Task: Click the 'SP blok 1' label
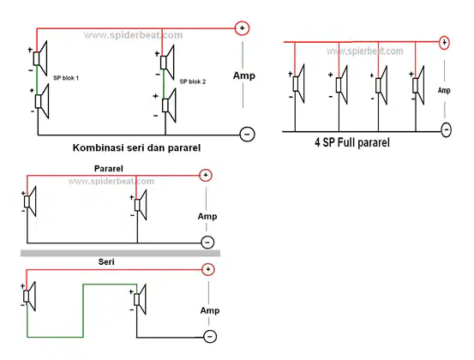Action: tap(66, 78)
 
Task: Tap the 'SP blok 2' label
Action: tap(193, 81)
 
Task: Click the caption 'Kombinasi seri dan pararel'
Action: tap(136, 147)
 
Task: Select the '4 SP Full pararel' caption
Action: tap(352, 142)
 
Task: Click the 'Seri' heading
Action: tap(106, 261)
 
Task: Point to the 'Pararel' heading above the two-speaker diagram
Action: tap(109, 168)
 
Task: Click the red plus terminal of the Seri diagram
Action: tap(208, 269)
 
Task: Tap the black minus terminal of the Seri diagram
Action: tap(210, 336)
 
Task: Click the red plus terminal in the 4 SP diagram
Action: tap(444, 42)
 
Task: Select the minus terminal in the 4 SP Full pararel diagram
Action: tap(447, 129)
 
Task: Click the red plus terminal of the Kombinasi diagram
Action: tap(242, 28)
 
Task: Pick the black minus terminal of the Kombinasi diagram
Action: tap(247, 135)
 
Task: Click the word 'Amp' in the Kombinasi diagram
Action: tap(244, 75)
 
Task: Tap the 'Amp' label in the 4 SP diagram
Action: tap(444, 90)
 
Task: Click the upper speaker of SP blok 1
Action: tap(40, 58)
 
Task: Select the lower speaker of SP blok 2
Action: tap(169, 105)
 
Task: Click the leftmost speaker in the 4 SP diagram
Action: tap(298, 83)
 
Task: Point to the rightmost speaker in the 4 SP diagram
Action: tap(418, 85)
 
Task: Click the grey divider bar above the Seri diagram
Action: tap(120, 253)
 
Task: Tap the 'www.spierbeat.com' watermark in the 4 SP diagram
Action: tap(365, 51)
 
